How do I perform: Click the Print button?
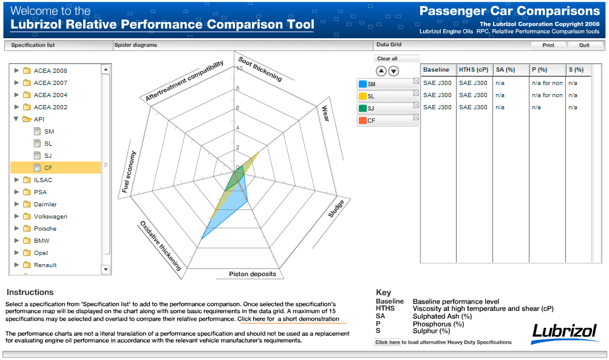(x=548, y=45)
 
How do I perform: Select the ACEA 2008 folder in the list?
(x=50, y=70)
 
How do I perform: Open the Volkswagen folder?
(x=50, y=216)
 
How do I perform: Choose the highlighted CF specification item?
(x=49, y=168)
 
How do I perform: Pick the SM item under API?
(x=49, y=131)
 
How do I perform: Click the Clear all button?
(x=387, y=59)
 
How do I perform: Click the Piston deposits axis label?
(x=253, y=274)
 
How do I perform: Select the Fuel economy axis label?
(x=129, y=172)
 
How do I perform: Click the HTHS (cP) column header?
(x=474, y=70)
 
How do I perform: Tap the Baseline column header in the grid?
(x=437, y=70)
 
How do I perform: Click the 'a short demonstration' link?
(x=308, y=319)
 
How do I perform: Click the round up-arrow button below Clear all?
(x=381, y=71)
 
